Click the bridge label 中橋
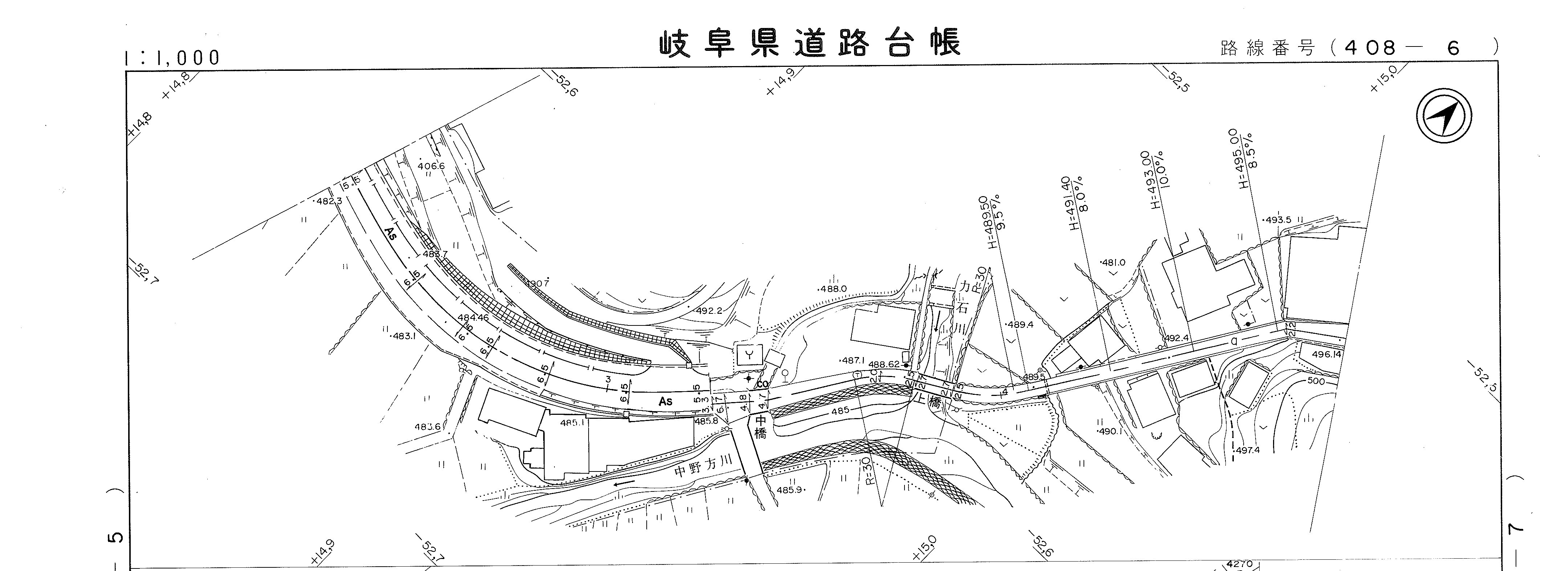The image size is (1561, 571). coord(760,427)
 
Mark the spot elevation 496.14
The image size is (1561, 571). coord(1326,354)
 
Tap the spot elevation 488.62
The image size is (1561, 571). coord(885,364)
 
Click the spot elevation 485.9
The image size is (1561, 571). coord(790,490)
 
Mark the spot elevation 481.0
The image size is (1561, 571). coord(1113,263)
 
